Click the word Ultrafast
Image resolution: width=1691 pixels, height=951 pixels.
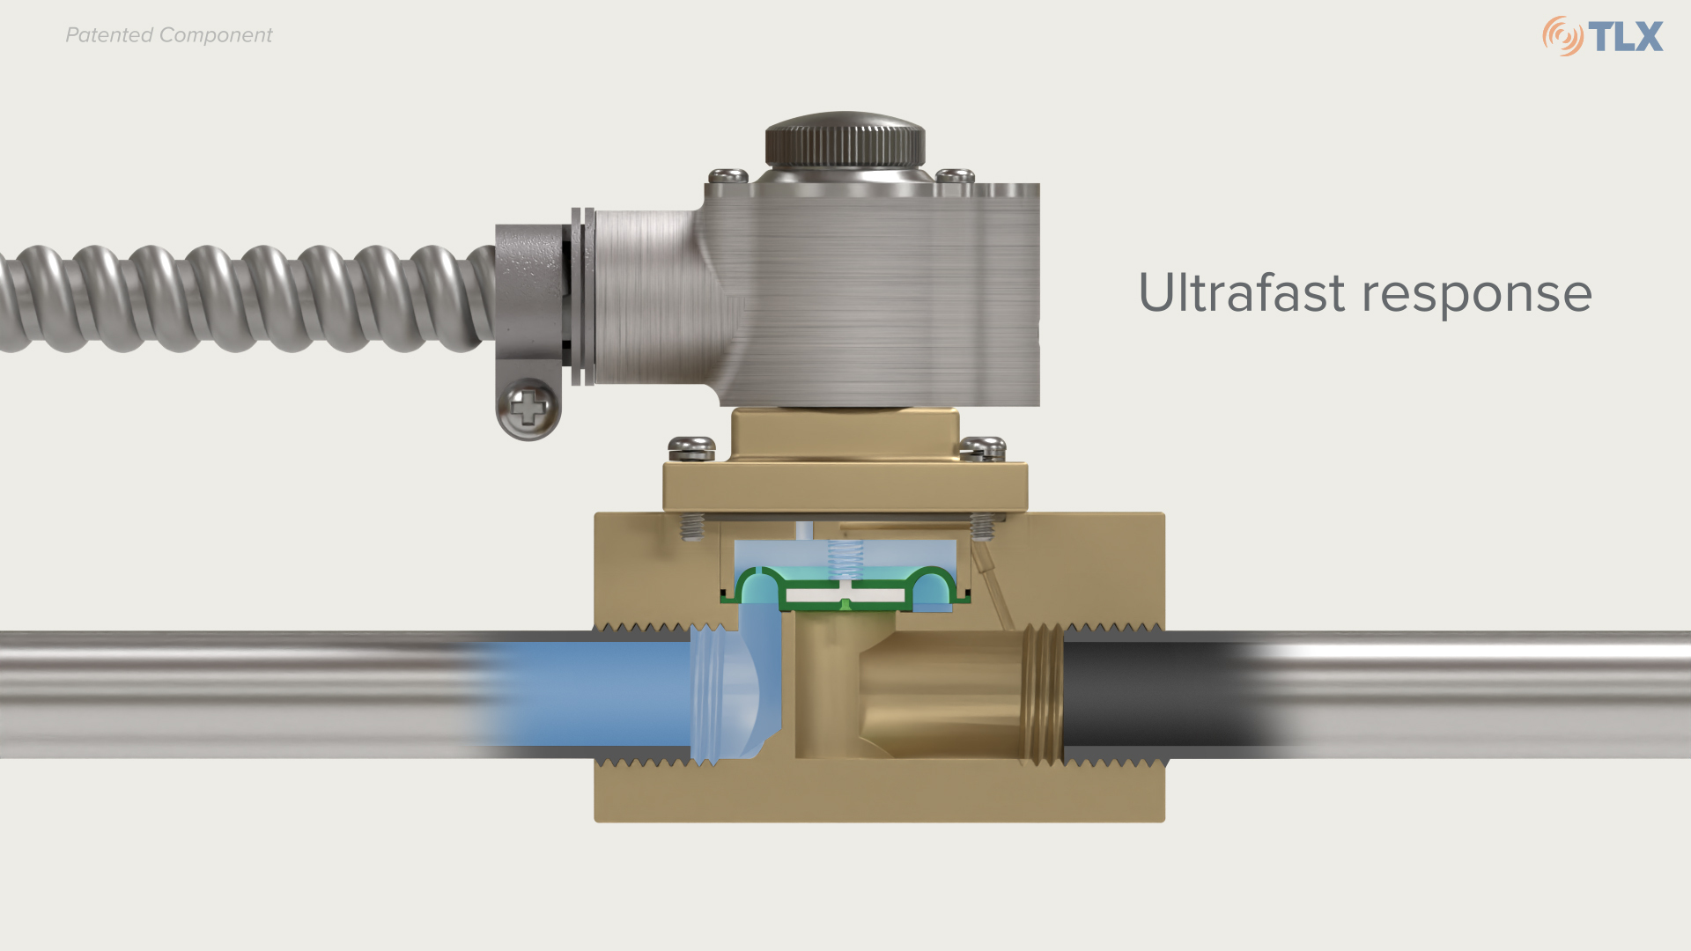[x=1241, y=293]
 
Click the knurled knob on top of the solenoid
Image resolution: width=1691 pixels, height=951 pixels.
[x=845, y=141]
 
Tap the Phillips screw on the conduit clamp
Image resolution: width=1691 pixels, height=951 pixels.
[x=528, y=408]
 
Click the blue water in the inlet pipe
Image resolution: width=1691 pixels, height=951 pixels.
[x=581, y=694]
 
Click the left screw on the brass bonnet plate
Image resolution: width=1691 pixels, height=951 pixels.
[x=691, y=448]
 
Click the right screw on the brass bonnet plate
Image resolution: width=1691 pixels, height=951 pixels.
[x=982, y=448]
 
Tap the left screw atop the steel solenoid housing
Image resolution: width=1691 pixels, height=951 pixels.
[x=728, y=175]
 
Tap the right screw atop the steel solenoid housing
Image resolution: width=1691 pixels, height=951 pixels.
[x=955, y=175]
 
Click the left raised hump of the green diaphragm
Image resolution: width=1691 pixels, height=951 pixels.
[x=760, y=580]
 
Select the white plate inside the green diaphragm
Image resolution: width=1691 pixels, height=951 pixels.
[x=845, y=596]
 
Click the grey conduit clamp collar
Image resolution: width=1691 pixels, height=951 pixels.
[x=530, y=291]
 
